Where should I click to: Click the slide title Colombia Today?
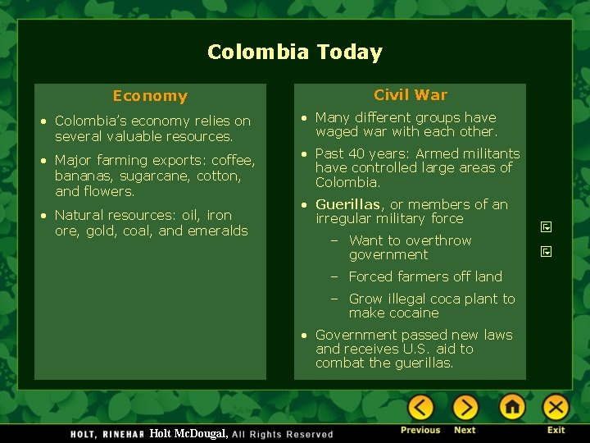coord(294,53)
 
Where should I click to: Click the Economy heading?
coord(150,96)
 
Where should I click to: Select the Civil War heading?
coord(411,94)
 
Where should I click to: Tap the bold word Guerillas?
coord(347,204)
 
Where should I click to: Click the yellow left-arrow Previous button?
coord(420,408)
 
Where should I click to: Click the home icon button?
coord(512,408)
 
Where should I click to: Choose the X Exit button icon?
coord(556,408)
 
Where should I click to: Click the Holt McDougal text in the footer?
coord(188,433)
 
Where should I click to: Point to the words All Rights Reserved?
coord(283,434)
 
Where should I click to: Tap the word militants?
coord(484,153)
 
